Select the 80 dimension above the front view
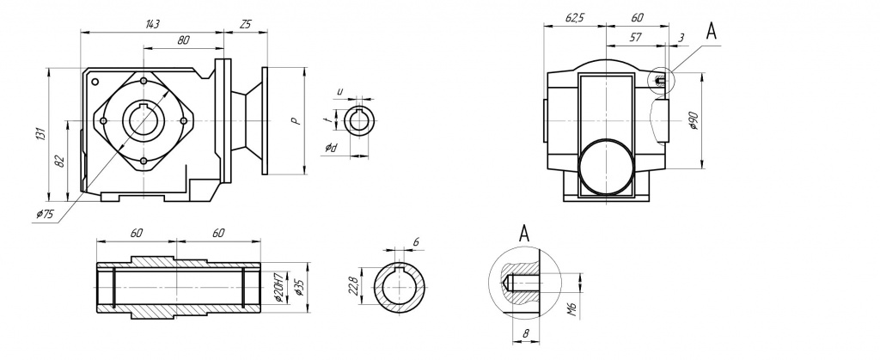pos(183,41)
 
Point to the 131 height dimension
pos(40,133)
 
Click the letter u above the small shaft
pos(339,91)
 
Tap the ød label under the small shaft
pos(331,149)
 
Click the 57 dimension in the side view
pos(636,39)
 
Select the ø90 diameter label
pos(694,120)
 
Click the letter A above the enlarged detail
pos(524,231)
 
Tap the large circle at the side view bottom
pos(606,167)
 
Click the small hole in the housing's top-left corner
pos(95,82)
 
